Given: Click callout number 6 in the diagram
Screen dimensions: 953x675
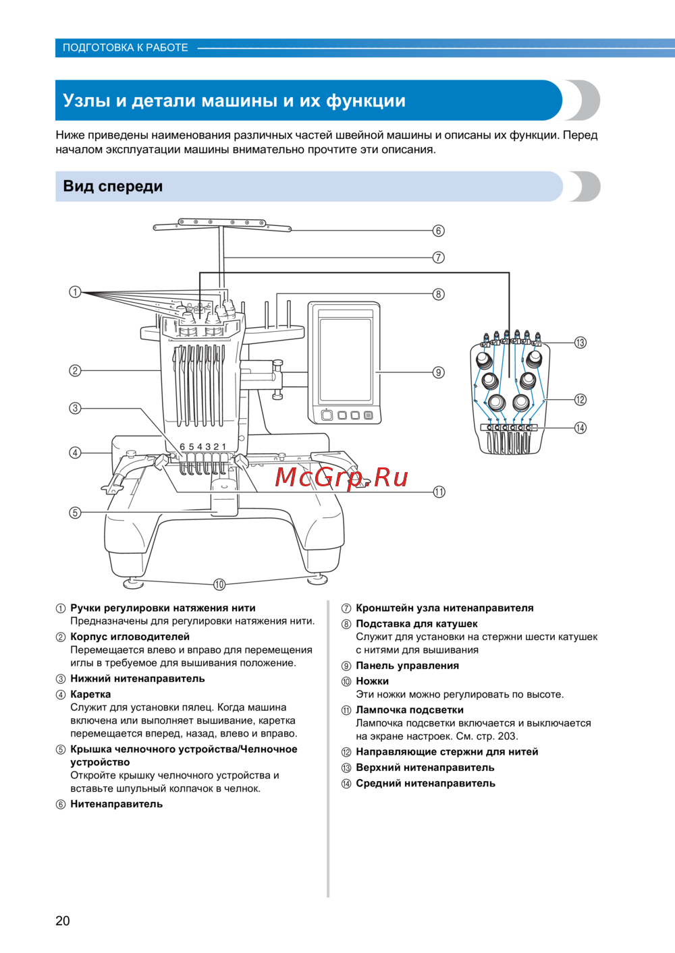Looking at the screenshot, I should click(439, 231).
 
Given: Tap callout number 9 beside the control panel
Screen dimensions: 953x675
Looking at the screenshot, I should click(439, 372).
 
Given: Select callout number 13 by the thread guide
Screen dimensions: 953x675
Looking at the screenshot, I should click(580, 343).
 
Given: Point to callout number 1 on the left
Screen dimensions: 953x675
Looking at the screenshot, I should click(75, 292).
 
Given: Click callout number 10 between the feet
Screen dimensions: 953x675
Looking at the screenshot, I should click(219, 585).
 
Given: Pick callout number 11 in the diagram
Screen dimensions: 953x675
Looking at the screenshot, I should click(439, 492).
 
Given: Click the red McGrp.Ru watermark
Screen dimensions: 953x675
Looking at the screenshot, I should click(342, 478).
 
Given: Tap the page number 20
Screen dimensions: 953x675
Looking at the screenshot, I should click(63, 921).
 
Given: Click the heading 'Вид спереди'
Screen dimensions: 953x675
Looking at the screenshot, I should click(113, 187).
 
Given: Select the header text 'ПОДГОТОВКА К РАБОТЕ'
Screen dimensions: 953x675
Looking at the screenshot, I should click(126, 48).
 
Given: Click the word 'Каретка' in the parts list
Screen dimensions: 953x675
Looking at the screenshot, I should click(90, 694).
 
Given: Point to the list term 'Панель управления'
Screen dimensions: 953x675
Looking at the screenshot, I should click(407, 666).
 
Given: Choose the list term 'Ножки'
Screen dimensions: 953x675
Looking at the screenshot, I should click(372, 681).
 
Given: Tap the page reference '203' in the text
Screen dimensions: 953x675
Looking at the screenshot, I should click(507, 737).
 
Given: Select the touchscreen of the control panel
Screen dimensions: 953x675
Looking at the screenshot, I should click(346, 361).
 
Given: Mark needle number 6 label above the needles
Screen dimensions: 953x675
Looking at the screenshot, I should click(182, 446).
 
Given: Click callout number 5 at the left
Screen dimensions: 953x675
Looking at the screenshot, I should click(75, 513).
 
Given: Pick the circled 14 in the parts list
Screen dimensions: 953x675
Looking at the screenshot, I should click(346, 784).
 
